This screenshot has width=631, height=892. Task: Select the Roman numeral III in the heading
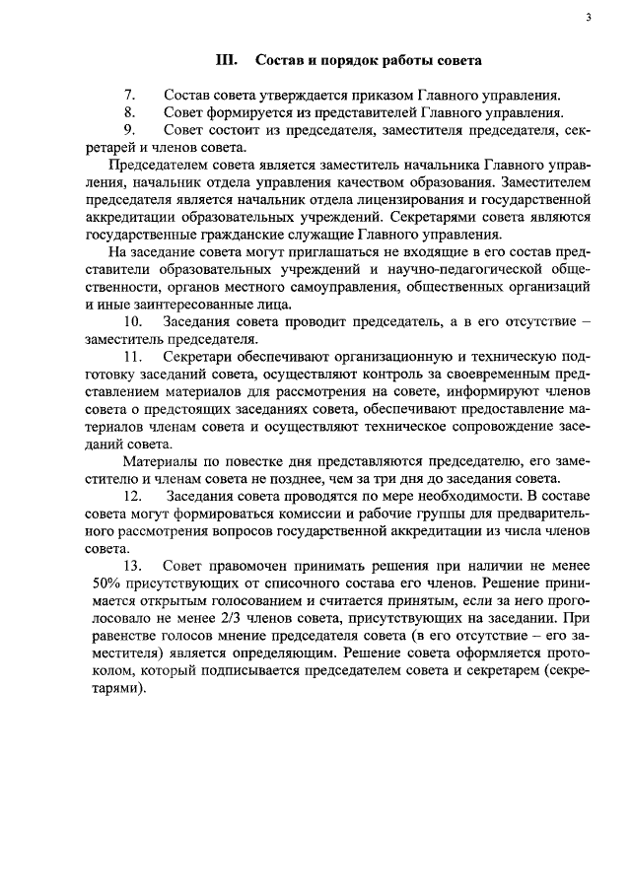[227, 61]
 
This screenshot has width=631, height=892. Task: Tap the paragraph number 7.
[129, 95]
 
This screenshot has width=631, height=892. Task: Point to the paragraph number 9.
[129, 130]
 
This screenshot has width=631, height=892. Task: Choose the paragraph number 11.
[134, 356]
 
